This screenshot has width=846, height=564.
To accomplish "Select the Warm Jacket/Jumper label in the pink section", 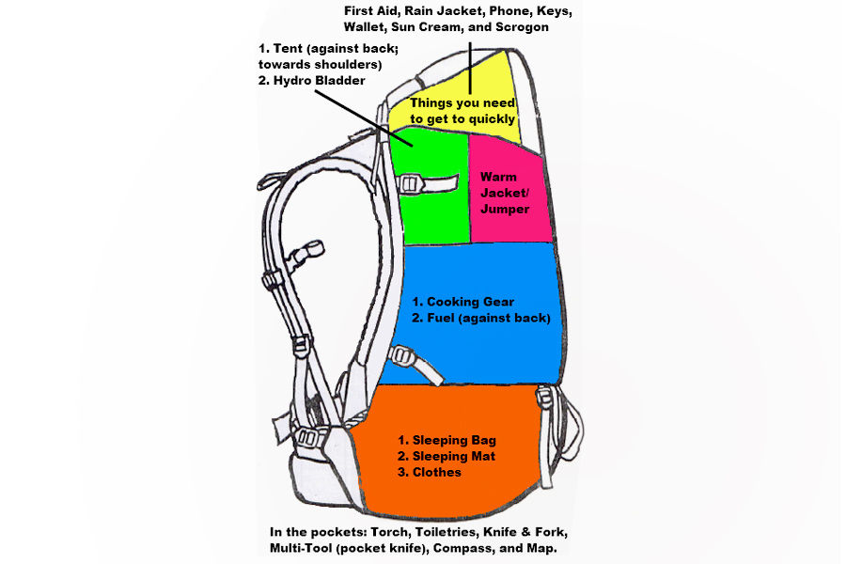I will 505,193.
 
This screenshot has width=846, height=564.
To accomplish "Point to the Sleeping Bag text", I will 446,440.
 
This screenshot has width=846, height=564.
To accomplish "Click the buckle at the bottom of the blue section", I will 404,357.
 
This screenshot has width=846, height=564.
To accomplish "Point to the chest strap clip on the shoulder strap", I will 306,253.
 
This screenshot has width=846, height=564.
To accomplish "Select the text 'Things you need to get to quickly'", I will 462,110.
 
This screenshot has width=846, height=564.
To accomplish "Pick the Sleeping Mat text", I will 446,456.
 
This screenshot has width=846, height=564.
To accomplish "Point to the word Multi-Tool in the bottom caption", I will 305,547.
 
